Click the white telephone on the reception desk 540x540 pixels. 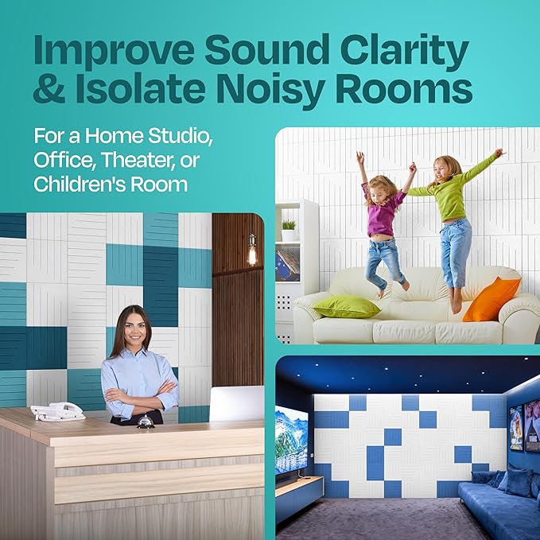(57, 411)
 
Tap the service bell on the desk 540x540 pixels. (146, 422)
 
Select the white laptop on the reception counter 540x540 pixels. (236, 404)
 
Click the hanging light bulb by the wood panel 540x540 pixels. (252, 252)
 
